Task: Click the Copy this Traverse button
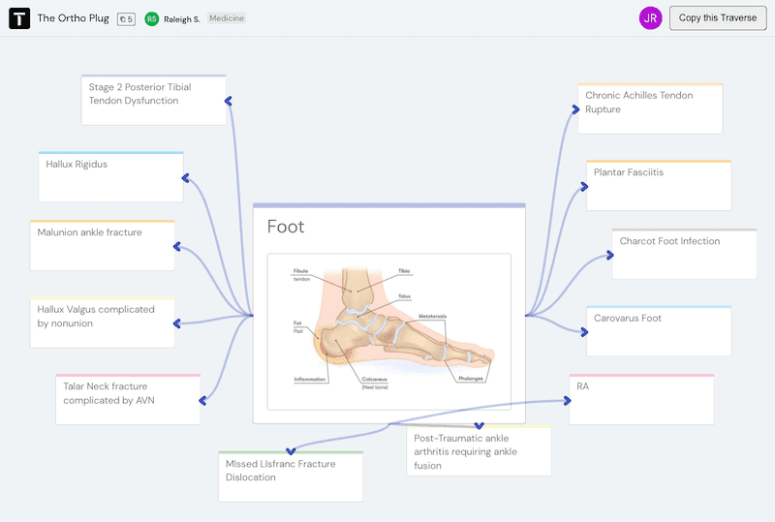[x=718, y=17]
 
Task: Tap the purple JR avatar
[x=651, y=17]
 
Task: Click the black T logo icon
[x=19, y=18]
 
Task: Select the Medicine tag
[x=227, y=18]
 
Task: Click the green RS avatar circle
[x=152, y=18]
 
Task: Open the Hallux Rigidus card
[x=110, y=176]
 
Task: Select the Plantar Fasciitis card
[x=659, y=185]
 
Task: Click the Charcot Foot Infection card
[x=684, y=254]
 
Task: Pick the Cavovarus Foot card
[x=659, y=330]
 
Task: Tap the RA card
[x=641, y=398]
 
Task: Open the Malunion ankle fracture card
[x=102, y=245]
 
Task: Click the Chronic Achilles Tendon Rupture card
[x=650, y=107]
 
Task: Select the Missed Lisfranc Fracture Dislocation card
[x=290, y=476]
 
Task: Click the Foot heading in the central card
[x=286, y=227]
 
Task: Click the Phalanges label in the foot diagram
[x=471, y=379]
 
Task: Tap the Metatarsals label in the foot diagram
[x=432, y=316]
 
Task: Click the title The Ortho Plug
[x=73, y=18]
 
